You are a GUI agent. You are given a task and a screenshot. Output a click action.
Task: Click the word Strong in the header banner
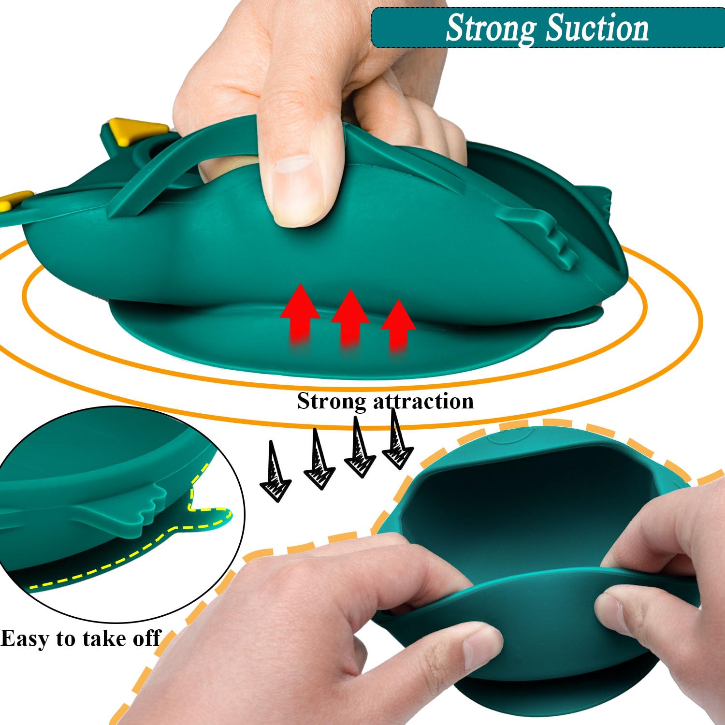coord(491,28)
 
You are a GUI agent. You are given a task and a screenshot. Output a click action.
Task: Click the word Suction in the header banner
coord(597,28)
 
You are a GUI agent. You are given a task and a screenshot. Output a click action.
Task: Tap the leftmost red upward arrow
coord(300,314)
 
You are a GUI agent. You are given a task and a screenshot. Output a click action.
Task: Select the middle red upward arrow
coord(350,319)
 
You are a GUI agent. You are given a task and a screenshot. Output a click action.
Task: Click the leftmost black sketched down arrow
coord(275,471)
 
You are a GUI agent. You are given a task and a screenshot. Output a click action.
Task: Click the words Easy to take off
coord(80,638)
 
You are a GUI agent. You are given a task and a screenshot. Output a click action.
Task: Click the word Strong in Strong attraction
coord(332,401)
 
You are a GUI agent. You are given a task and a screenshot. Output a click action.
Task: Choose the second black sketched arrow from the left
coord(319,459)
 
